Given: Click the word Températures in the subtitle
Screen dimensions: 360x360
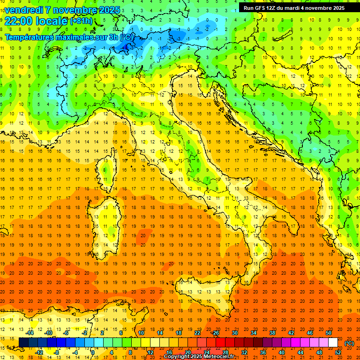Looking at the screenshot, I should click(29, 37).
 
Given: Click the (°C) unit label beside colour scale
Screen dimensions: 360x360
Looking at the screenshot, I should click(349, 343).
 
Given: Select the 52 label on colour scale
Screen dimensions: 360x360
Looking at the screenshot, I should click(338, 352).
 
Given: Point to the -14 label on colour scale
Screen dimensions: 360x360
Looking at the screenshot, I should click(30, 333).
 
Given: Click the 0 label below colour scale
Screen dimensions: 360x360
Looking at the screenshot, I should click(93, 352).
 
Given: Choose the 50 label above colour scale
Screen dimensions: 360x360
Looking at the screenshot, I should click(329, 333).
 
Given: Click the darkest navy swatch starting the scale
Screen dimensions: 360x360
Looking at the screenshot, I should click(23, 343).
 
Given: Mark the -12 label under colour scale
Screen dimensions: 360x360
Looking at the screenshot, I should click(39, 352).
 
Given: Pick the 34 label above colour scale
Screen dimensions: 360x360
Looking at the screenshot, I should click(254, 333).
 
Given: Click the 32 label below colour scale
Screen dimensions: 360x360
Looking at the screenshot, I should click(244, 352).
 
